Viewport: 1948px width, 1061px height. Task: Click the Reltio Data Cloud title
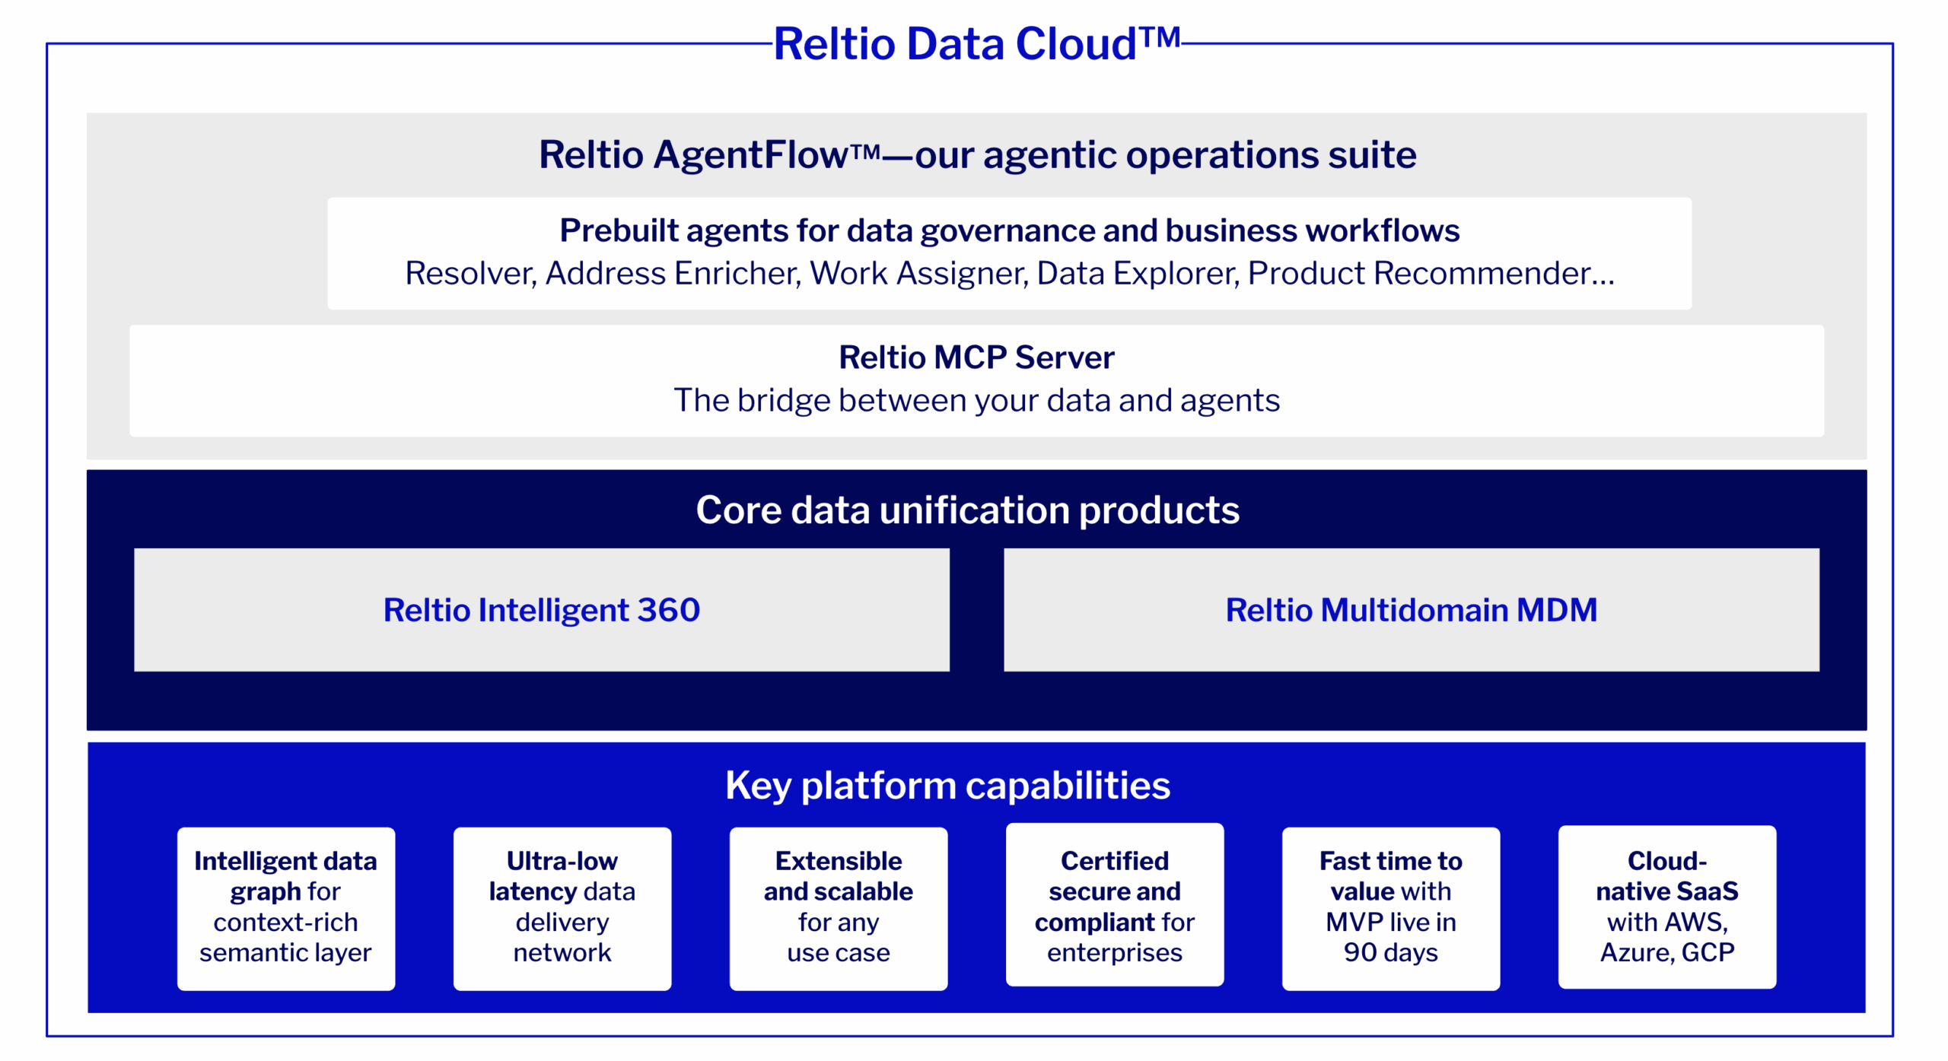tap(976, 43)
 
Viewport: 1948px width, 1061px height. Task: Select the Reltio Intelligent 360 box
tap(541, 610)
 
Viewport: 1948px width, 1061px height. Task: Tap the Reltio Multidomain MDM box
tap(1411, 610)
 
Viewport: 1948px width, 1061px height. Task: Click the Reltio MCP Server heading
tap(976, 357)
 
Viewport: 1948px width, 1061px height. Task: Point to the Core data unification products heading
tap(967, 510)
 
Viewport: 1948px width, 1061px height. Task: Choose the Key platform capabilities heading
tap(947, 785)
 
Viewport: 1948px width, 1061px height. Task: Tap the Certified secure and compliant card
tap(1114, 905)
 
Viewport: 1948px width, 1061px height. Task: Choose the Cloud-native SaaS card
tap(1666, 907)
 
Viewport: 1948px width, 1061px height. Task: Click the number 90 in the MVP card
tap(1359, 952)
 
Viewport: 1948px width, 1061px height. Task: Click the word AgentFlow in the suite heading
tap(750, 155)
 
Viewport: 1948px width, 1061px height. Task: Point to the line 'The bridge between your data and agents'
tap(976, 401)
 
